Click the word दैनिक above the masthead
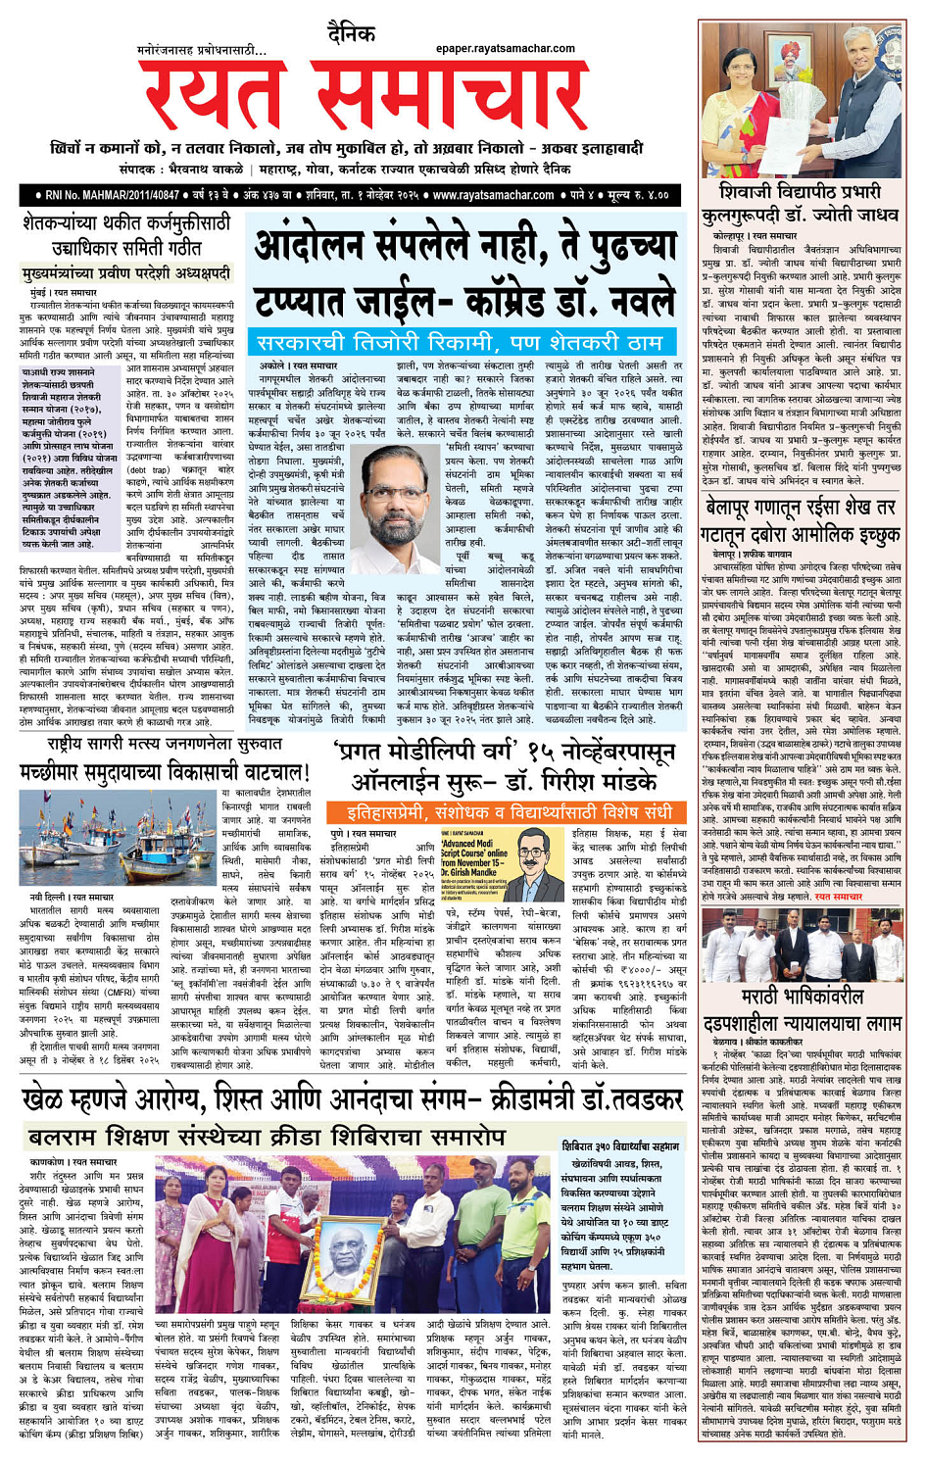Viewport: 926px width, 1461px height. (351, 34)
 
